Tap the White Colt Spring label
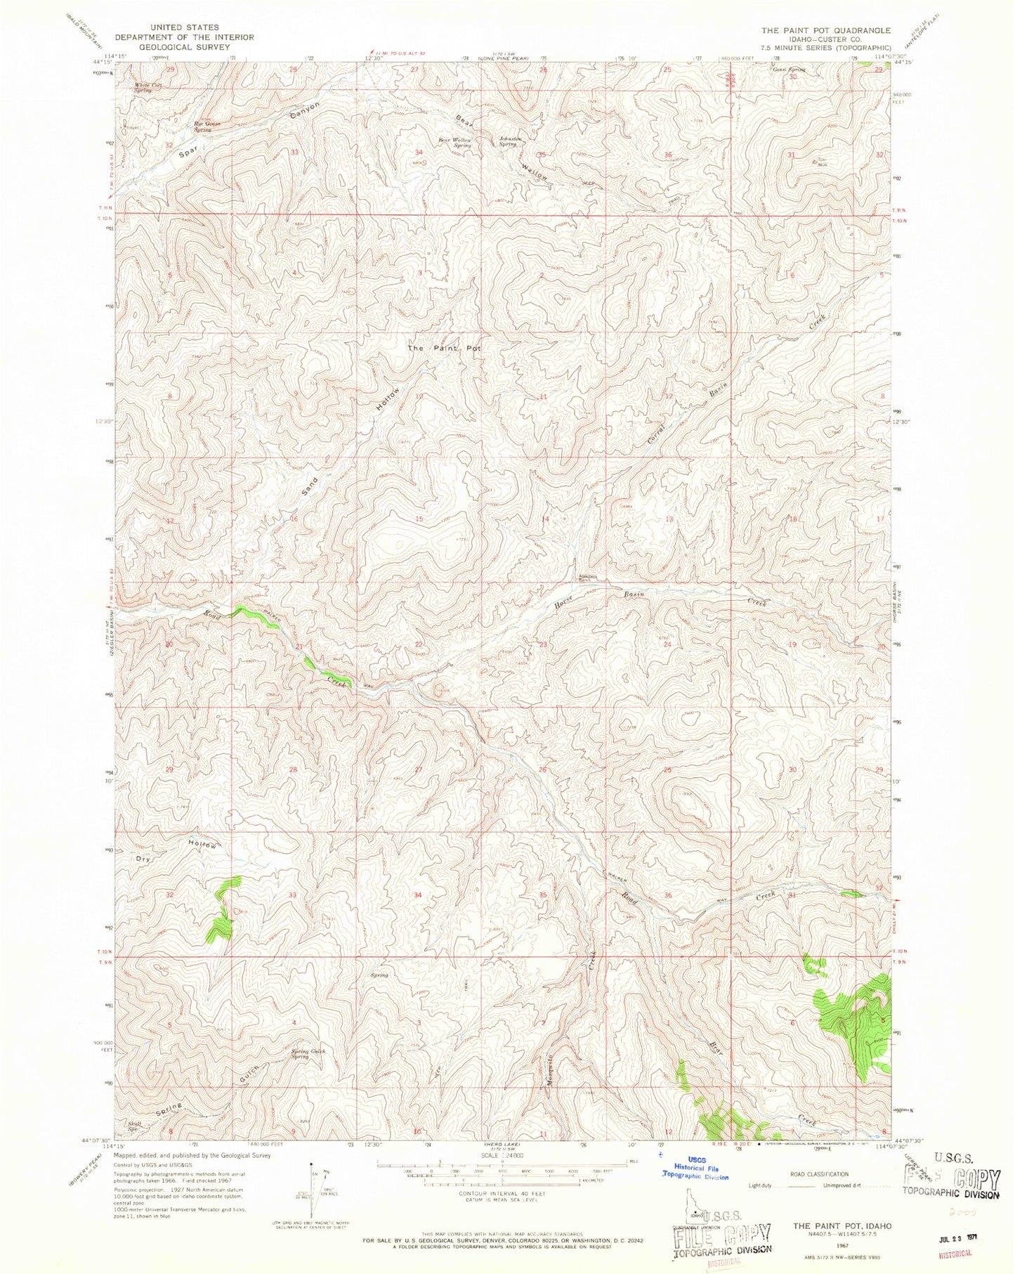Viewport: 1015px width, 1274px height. pyautogui.click(x=148, y=88)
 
